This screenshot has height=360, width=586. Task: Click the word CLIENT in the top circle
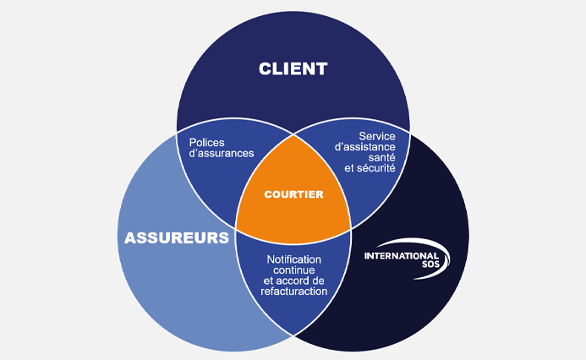pyautogui.click(x=293, y=68)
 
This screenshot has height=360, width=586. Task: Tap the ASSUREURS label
pyautogui.click(x=177, y=237)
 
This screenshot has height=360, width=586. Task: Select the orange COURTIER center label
pyautogui.click(x=293, y=194)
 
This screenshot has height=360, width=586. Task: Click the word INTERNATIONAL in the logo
pyautogui.click(x=401, y=255)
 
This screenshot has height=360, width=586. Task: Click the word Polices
pyautogui.click(x=208, y=142)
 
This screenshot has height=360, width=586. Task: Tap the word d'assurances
pyautogui.click(x=221, y=154)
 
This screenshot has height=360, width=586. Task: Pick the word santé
pyautogui.click(x=382, y=157)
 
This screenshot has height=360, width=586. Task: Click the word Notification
pyautogui.click(x=293, y=258)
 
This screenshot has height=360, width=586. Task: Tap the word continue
pyautogui.click(x=294, y=269)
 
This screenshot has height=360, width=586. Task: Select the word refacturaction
pyautogui.click(x=293, y=291)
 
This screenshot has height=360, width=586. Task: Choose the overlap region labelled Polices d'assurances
pyautogui.click(x=211, y=173)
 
